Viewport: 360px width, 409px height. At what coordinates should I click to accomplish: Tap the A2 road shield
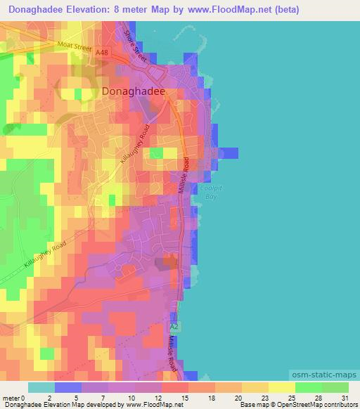(175, 327)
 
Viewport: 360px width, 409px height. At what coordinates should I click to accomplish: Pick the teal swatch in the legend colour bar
(41, 387)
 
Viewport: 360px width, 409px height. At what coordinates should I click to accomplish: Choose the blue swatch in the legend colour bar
(68, 387)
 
